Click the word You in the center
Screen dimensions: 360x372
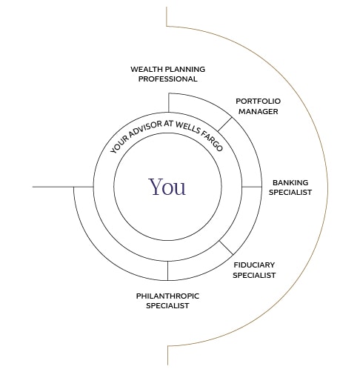point(167,187)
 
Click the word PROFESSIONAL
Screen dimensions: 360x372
point(168,79)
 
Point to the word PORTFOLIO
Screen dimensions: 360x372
point(258,102)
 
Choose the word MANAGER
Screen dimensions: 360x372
point(259,112)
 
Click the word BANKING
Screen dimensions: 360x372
point(290,183)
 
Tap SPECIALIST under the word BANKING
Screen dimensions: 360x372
point(290,193)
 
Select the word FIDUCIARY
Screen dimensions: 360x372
point(254,265)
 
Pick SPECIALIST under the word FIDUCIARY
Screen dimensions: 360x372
point(254,275)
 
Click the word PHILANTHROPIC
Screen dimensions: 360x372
point(167,296)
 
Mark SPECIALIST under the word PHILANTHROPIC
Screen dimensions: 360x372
point(167,306)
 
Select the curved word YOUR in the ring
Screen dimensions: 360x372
point(120,145)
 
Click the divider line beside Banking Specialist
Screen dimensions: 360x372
point(252,187)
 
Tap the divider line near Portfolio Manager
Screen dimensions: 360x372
point(225,124)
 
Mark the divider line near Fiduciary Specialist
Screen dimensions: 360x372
point(226,248)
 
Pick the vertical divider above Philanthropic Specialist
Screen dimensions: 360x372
point(168,270)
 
